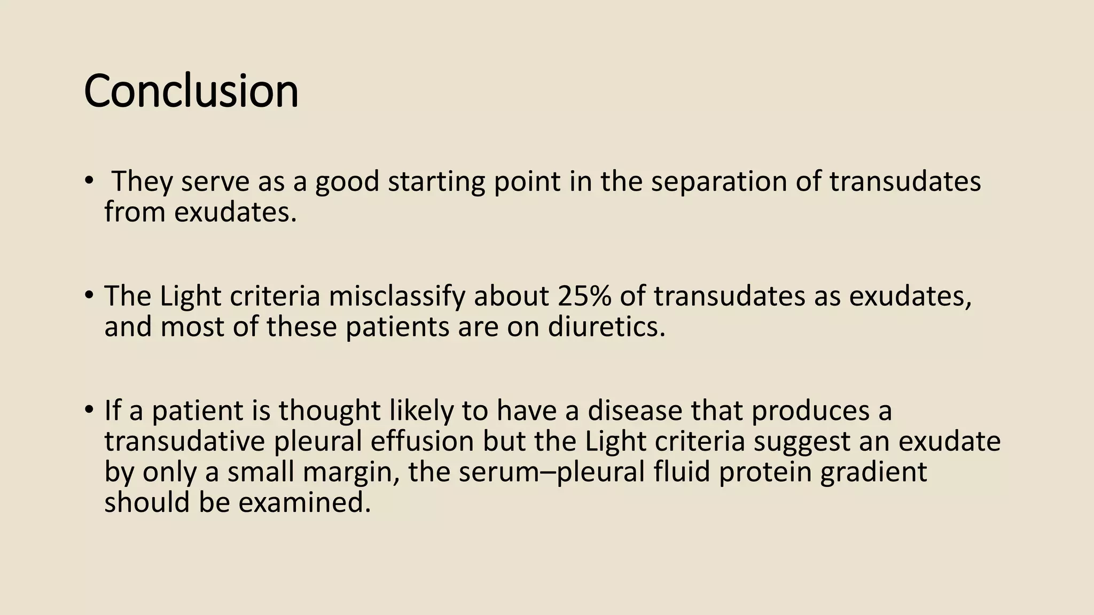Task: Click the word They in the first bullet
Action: click(x=142, y=182)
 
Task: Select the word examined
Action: click(x=304, y=502)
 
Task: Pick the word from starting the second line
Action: click(x=135, y=212)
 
